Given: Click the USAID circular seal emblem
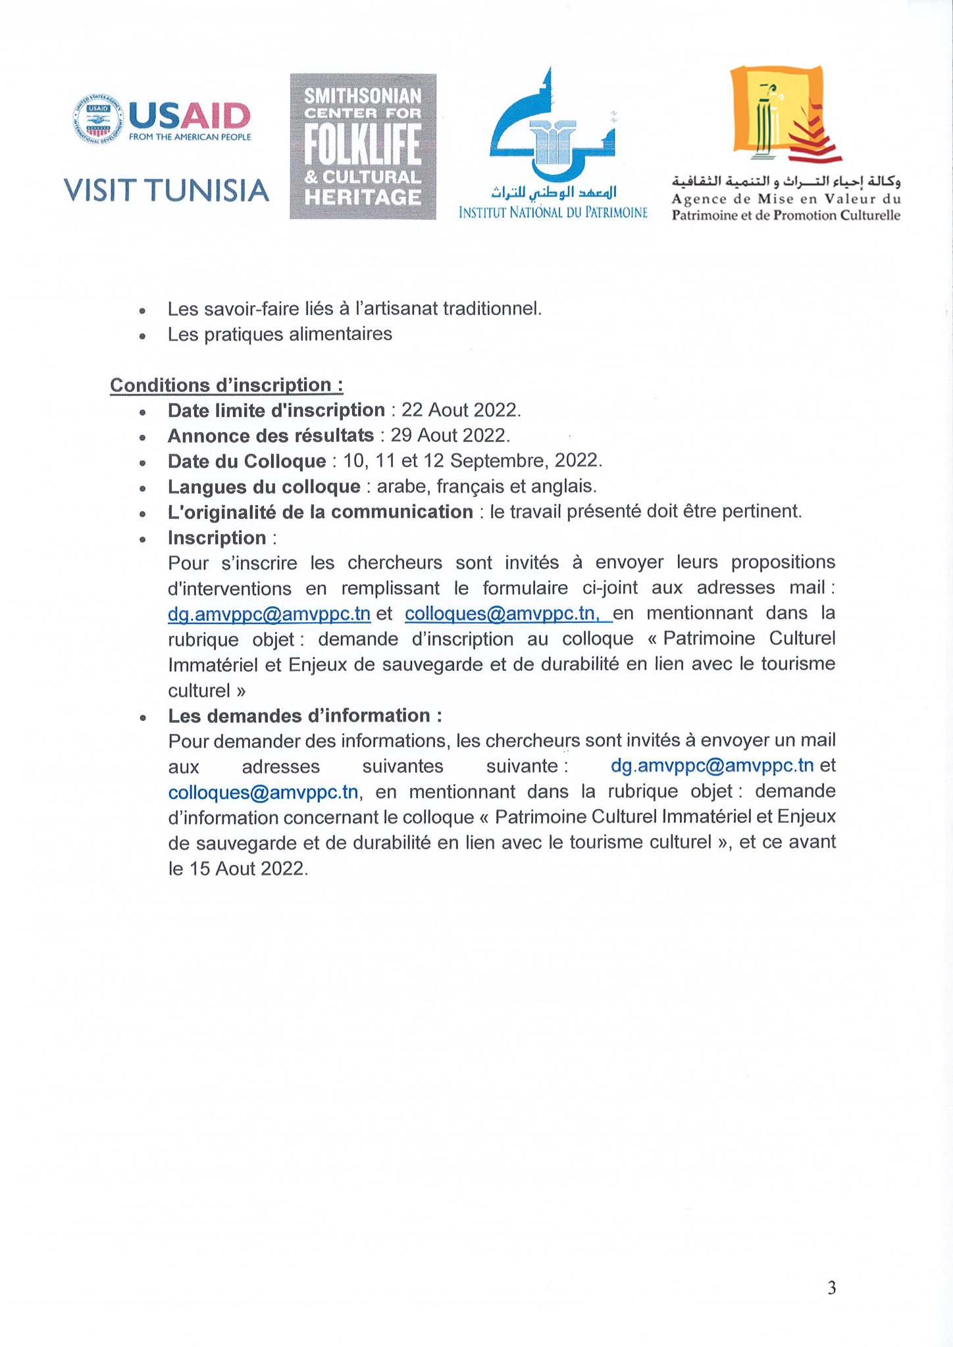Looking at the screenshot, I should pyautogui.click(x=97, y=118).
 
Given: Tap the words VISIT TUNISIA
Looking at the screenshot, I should pyautogui.click(x=167, y=191).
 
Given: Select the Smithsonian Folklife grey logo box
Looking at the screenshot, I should pyautogui.click(x=363, y=146).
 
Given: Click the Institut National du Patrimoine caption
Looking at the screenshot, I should pyautogui.click(x=553, y=212).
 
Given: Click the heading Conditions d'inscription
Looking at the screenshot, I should pyautogui.click(x=226, y=385).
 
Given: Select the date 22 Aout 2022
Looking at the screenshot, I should pyautogui.click(x=461, y=410).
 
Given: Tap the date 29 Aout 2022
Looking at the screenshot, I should pyautogui.click(x=450, y=435).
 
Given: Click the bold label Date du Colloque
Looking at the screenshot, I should pyautogui.click(x=247, y=461).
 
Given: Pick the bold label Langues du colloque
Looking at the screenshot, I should pyautogui.click(x=264, y=487).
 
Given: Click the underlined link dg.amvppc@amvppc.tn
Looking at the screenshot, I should pyautogui.click(x=269, y=614).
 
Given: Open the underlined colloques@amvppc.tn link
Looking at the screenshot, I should pyautogui.click(x=501, y=614).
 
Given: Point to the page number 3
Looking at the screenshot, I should pyautogui.click(x=832, y=1288).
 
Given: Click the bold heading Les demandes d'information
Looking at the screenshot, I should pyautogui.click(x=305, y=716).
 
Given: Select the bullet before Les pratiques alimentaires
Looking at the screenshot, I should pyautogui.click(x=142, y=335).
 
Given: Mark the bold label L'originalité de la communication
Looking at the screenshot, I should pyautogui.click(x=321, y=512).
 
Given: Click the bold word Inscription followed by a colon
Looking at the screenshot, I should pyautogui.click(x=217, y=538).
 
